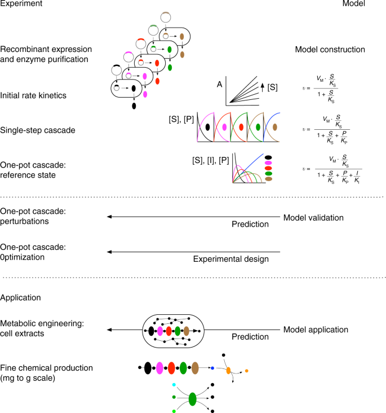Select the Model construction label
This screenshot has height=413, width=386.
[x=330, y=50]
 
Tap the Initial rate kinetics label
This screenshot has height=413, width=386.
[x=33, y=96]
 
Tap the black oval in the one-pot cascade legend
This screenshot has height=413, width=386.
[x=268, y=159]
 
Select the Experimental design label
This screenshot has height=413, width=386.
[x=230, y=259]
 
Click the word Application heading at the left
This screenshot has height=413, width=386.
[x=22, y=297]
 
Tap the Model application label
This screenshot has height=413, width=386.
[x=316, y=329]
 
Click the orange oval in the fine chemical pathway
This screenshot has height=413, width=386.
[x=229, y=371]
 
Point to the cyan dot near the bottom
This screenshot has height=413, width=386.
[x=175, y=384]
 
